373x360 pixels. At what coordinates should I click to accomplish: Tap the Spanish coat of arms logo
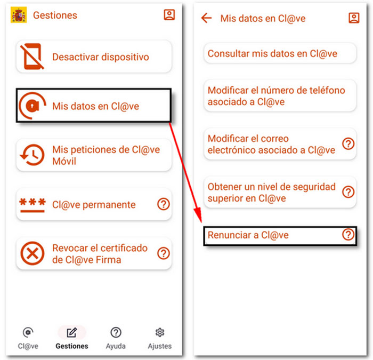pos(19,15)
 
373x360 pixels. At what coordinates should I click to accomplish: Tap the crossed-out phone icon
pos(32,57)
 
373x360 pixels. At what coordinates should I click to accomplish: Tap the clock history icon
pos(32,155)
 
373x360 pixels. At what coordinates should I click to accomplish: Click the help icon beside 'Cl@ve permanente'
pos(164,204)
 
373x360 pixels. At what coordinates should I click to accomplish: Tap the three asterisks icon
pos(32,204)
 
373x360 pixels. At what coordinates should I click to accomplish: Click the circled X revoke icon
pos(32,254)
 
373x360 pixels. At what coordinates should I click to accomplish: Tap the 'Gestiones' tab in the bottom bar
pos(71,338)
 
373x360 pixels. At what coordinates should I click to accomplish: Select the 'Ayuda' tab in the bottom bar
pos(116,338)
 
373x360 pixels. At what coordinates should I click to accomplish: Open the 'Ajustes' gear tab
pos(159,338)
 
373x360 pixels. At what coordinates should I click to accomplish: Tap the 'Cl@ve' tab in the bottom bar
pos(28,338)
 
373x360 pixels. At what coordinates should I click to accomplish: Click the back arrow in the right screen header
pos(206,18)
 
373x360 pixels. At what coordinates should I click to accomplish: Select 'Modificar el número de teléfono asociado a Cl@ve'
pos(277,96)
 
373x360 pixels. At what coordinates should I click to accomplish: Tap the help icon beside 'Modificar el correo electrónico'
pos(348,143)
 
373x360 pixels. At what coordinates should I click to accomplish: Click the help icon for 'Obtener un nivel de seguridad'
pos(348,192)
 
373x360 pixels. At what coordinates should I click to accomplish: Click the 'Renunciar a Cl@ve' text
pos(248,235)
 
